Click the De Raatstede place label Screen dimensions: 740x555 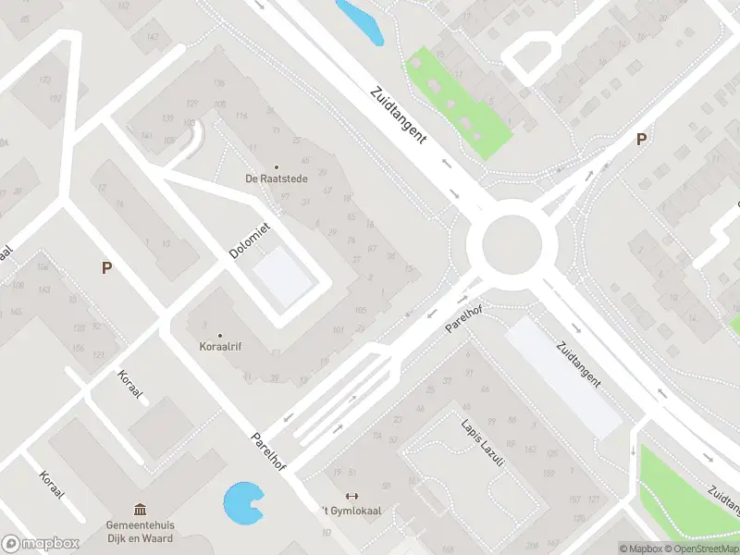[x=275, y=179]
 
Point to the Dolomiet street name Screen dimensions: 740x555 [x=248, y=239]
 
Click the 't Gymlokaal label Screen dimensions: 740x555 [x=351, y=511]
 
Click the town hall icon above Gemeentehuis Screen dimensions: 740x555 [x=140, y=508]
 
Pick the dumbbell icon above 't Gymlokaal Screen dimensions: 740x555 [x=351, y=496]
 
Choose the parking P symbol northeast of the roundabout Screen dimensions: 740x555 [x=640, y=140]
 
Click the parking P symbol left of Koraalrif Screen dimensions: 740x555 [x=107, y=267]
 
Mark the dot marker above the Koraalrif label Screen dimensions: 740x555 [x=220, y=335]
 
